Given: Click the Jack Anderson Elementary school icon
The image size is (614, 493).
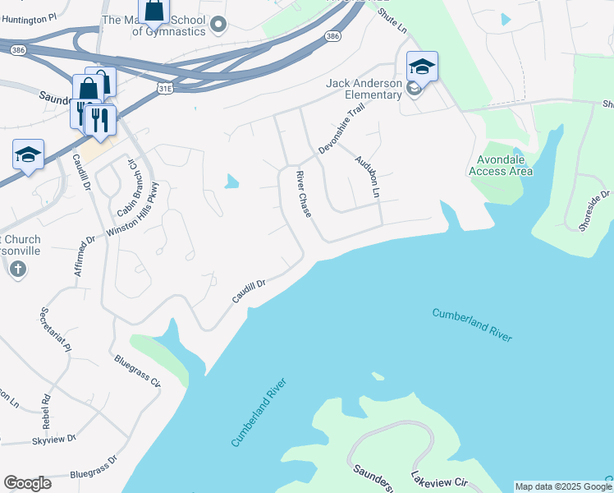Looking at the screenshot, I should click(422, 67).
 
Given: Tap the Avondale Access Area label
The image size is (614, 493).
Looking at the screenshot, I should click(500, 165).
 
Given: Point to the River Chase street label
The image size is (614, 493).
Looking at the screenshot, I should click(304, 195).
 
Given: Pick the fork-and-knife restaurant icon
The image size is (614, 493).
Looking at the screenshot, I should click(99, 119).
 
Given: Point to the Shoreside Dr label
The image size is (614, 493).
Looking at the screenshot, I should click(595, 210).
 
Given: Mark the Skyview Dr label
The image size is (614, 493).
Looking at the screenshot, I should click(54, 438).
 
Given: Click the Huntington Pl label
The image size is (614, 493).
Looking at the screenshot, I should click(30, 16).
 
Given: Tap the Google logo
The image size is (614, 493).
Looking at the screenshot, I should click(27, 483).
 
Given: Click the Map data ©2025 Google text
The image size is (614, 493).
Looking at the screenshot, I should click(563, 486).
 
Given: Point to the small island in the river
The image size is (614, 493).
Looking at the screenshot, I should click(378, 376).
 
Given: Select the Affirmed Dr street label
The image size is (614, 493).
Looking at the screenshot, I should click(85, 256).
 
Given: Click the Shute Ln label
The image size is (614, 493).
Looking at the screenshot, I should click(392, 21).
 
